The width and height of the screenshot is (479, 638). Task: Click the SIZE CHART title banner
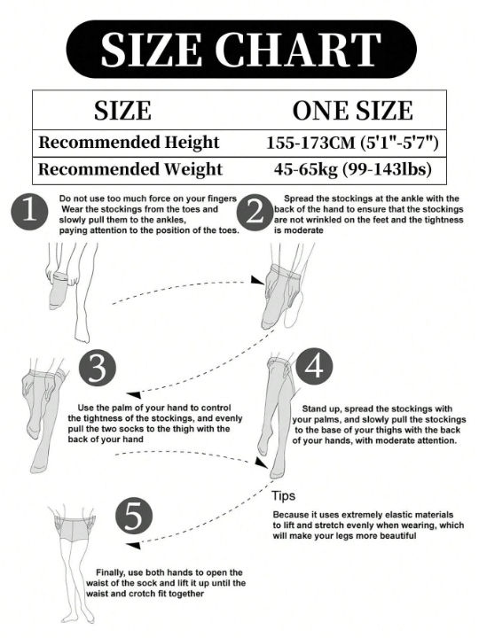(x=239, y=50)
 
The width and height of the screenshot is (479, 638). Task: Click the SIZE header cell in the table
(x=122, y=111)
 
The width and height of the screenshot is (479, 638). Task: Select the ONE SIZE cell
(x=352, y=111)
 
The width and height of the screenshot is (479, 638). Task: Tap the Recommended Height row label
(x=129, y=142)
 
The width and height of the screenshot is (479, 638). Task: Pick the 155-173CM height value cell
(x=352, y=142)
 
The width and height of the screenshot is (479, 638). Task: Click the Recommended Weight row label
(x=130, y=169)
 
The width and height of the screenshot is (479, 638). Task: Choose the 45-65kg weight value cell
(x=352, y=169)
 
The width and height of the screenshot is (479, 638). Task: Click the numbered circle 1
(x=31, y=213)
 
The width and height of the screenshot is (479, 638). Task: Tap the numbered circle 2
(x=255, y=213)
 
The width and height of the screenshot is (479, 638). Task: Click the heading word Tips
(x=283, y=496)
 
